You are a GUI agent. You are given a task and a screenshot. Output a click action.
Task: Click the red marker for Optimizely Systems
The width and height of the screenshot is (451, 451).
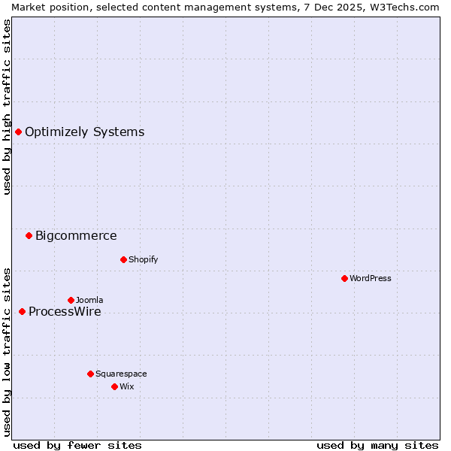point(18,132)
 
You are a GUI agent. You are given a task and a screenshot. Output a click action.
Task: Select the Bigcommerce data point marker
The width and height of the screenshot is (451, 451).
point(29,236)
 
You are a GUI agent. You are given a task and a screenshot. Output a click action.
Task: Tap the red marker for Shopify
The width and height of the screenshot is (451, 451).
point(123,260)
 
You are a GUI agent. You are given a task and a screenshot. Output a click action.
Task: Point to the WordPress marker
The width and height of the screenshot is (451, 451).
point(344,279)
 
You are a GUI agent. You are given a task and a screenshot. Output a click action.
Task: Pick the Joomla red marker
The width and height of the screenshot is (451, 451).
point(71,301)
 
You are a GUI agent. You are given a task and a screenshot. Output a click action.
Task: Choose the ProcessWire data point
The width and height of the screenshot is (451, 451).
point(22,312)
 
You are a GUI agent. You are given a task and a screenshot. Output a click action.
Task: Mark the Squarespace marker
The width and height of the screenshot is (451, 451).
point(90,374)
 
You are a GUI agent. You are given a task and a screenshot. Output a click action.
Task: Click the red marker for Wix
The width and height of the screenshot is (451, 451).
point(114,387)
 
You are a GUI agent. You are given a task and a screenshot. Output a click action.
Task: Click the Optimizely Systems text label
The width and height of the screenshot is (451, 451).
point(84,132)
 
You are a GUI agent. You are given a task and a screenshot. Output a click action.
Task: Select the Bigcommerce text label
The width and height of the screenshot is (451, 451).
point(76,236)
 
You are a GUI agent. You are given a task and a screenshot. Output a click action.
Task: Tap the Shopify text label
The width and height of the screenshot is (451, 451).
point(143,260)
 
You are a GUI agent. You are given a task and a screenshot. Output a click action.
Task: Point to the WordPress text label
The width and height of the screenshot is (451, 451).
point(371,279)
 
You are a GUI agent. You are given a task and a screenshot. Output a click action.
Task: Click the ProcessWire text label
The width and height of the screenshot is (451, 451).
point(65,312)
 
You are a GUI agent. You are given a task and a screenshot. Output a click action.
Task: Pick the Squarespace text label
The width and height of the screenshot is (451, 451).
point(121,374)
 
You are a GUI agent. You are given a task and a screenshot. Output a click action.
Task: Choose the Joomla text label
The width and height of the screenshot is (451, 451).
point(89,301)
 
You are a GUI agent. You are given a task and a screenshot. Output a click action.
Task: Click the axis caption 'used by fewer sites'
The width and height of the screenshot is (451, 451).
point(77,446)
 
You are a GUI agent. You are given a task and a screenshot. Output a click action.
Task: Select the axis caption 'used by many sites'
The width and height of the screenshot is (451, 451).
point(377,446)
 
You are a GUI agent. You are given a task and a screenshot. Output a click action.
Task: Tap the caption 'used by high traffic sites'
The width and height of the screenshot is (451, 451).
point(7,107)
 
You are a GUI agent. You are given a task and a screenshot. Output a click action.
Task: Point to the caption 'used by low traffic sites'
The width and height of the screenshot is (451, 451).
point(7,351)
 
